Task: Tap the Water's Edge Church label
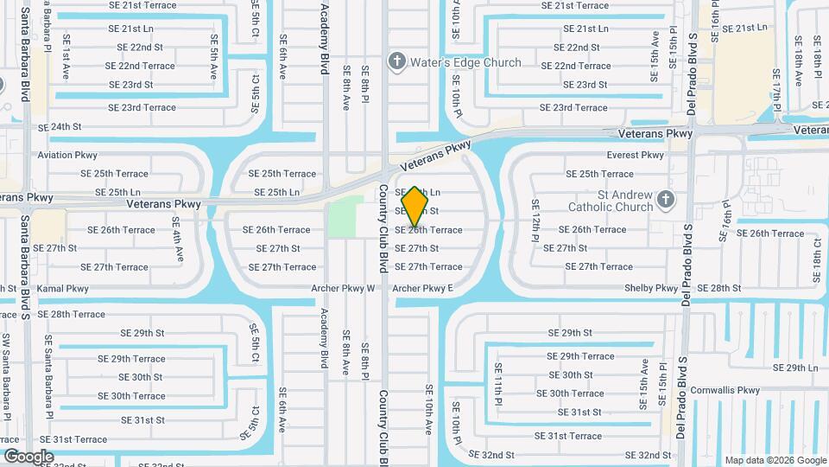(465, 62)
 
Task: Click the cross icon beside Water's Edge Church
(396, 61)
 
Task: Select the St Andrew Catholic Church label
(611, 201)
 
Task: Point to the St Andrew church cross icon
(665, 201)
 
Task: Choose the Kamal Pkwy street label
(62, 289)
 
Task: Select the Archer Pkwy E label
(422, 289)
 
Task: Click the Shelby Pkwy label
(650, 288)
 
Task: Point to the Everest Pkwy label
(635, 156)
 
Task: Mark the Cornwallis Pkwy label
(725, 390)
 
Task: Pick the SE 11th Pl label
(498, 384)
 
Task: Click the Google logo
(28, 456)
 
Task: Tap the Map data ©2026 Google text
(775, 460)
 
